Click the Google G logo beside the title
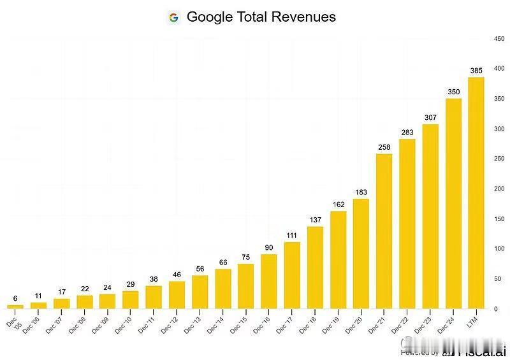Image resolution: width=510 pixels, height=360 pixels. click(x=174, y=17)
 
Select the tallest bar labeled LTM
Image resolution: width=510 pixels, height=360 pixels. click(x=476, y=192)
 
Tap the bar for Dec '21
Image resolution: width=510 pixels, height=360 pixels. click(x=384, y=231)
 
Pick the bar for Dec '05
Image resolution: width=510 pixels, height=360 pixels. click(x=15, y=306)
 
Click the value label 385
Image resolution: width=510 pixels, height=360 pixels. click(x=476, y=71)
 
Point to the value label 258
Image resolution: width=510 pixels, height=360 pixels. click(x=384, y=147)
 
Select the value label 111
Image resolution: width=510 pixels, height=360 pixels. click(x=292, y=235)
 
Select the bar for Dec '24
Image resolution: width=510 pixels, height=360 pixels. click(x=453, y=203)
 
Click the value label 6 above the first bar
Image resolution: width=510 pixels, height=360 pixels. click(x=15, y=298)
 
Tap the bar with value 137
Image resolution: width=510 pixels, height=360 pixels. click(x=315, y=268)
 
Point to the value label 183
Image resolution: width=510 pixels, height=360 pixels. click(x=361, y=192)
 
